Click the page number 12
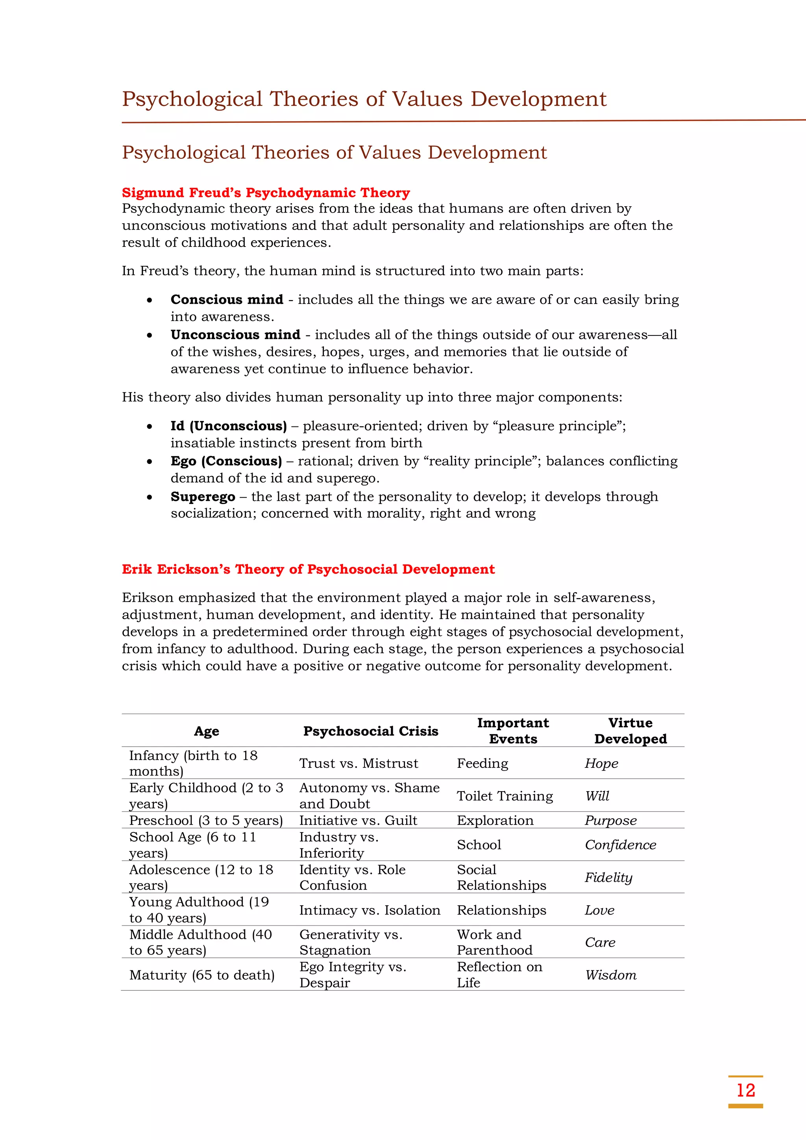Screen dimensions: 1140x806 pyautogui.click(x=745, y=1090)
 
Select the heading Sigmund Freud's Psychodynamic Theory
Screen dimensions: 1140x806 pyautogui.click(x=266, y=193)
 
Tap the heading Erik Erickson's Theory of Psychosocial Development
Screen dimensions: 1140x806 pyautogui.click(x=308, y=569)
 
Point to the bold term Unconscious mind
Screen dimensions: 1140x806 pyautogui.click(x=235, y=335)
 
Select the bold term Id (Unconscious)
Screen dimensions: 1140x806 pyautogui.click(x=228, y=426)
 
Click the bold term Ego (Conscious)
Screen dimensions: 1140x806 pyautogui.click(x=226, y=461)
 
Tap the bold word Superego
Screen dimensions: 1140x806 pyautogui.click(x=203, y=497)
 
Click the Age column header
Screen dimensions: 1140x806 pyautogui.click(x=207, y=731)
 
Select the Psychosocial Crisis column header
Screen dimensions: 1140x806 pyautogui.click(x=370, y=731)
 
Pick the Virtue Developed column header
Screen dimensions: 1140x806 pyautogui.click(x=630, y=731)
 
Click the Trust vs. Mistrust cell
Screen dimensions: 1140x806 pyautogui.click(x=359, y=763)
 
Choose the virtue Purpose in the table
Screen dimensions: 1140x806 pyautogui.click(x=610, y=820)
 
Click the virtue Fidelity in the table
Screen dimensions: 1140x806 pyautogui.click(x=608, y=877)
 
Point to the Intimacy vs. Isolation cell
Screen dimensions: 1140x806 pyautogui.click(x=369, y=910)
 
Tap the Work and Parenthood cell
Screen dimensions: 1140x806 pyautogui.click(x=494, y=942)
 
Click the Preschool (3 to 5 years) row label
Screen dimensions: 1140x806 pyautogui.click(x=205, y=820)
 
